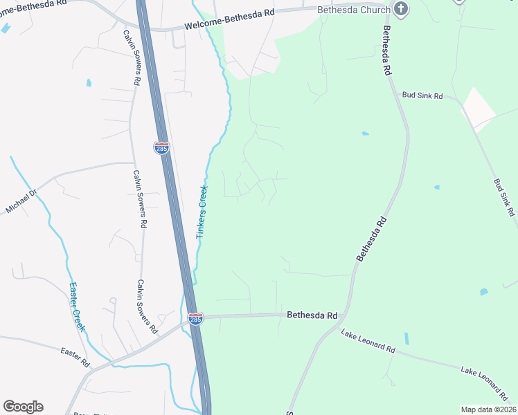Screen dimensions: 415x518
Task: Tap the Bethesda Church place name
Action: [353, 10]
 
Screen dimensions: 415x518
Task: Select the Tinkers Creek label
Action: [202, 212]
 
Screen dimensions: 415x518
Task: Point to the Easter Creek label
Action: [76, 306]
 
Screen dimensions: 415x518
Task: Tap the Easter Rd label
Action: [75, 357]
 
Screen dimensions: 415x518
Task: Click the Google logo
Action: [23, 407]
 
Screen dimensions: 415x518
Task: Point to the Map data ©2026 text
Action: [488, 409]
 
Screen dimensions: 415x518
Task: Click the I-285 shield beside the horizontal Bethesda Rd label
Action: [196, 319]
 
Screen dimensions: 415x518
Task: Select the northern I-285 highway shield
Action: [161, 148]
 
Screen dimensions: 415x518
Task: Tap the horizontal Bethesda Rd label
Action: [312, 315]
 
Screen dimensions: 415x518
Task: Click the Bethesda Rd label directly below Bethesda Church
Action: [388, 52]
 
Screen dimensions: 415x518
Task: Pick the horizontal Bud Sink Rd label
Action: [422, 96]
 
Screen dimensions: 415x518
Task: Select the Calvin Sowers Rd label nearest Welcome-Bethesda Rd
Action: [132, 57]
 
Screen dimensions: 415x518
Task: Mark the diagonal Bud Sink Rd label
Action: [505, 199]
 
